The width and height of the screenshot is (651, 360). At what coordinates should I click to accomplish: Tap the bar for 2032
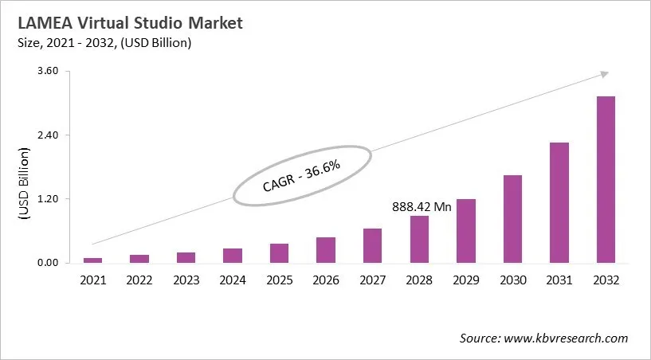(x=606, y=179)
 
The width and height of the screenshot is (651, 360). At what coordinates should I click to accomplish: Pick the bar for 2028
(x=419, y=239)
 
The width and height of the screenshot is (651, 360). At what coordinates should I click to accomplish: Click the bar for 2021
(x=93, y=260)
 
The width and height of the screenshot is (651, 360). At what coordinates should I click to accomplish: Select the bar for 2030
(x=512, y=219)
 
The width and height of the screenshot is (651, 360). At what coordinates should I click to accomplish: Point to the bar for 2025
(x=279, y=253)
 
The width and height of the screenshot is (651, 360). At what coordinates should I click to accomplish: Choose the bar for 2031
(x=559, y=202)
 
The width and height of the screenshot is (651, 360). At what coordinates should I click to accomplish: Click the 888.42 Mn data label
(x=422, y=206)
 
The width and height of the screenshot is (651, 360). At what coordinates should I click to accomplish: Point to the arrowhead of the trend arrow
(x=605, y=73)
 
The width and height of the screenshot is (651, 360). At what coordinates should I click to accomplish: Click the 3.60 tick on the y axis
(x=49, y=71)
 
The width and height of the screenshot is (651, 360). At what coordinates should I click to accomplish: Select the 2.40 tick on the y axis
(x=49, y=135)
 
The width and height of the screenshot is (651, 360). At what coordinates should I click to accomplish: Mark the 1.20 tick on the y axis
(x=49, y=199)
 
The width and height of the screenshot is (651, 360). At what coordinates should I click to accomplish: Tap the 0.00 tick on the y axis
(x=49, y=263)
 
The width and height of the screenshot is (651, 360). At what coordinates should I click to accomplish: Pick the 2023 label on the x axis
(x=186, y=280)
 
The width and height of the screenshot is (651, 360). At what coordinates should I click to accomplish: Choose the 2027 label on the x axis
(x=372, y=280)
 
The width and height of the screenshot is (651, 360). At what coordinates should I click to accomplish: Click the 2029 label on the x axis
(x=465, y=280)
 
